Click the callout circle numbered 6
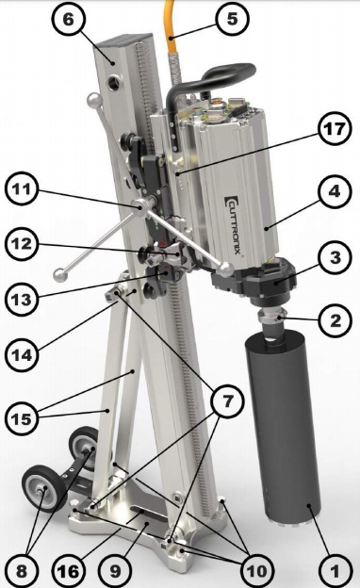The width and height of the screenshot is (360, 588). coord(69,19)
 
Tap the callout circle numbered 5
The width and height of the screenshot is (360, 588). coord(232,19)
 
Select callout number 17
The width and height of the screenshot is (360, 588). coord(335,129)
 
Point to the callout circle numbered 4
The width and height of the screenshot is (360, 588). coord(334,191)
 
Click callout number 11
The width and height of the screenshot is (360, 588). coord(22,188)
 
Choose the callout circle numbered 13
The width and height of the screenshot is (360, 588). coord(22,300)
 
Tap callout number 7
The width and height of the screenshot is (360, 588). coord(227,401)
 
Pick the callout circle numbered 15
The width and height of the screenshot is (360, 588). coord(22,418)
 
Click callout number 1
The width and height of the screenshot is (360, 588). coord(335,571)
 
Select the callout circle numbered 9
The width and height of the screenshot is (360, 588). coord(116,571)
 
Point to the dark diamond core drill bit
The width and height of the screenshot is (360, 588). coord(283,428)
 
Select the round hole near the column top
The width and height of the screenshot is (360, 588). coord(114,83)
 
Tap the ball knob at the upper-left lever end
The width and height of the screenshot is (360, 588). coord(94,101)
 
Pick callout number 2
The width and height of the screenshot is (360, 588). coord(335,320)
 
